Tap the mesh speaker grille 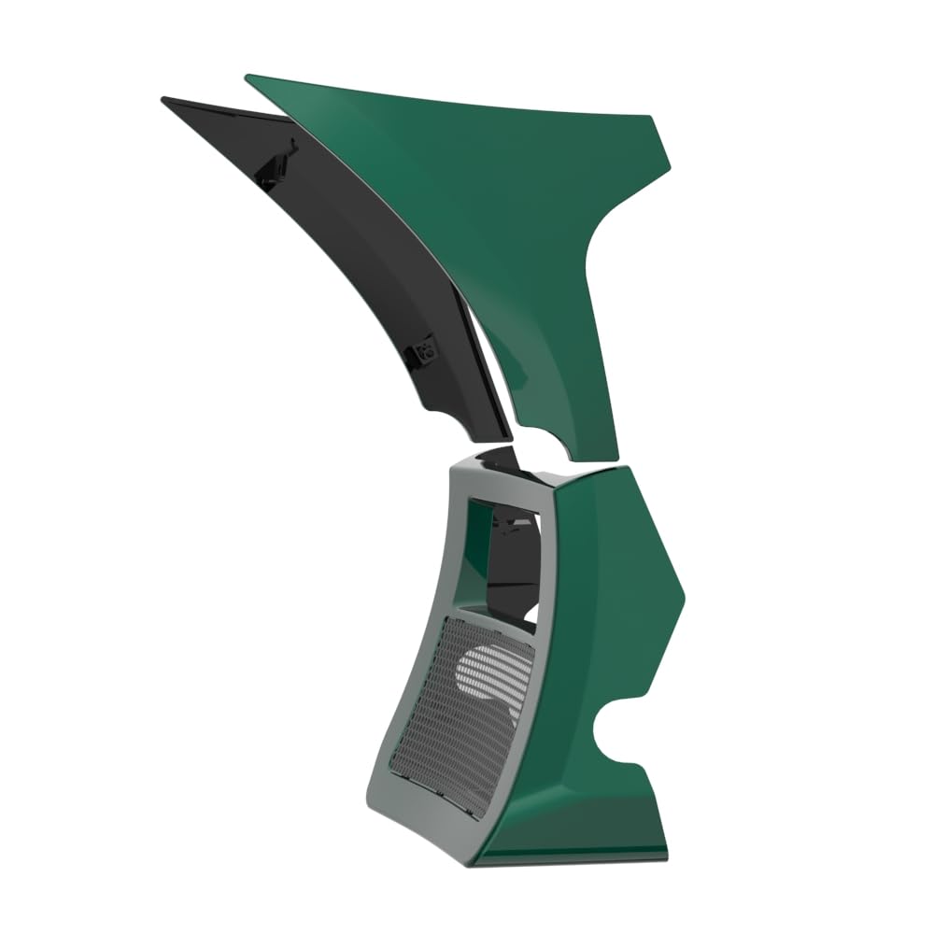(x=448, y=719)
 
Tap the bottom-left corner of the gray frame (x=374, y=803)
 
